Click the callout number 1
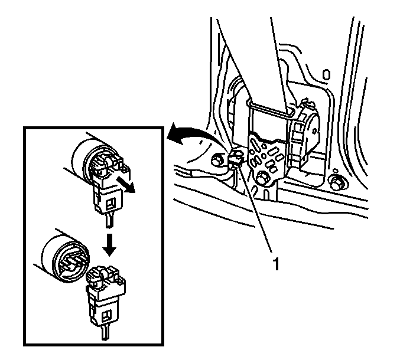click(276, 263)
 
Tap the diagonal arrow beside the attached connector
click(125, 185)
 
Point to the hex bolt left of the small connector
click(217, 161)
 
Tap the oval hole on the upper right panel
click(326, 74)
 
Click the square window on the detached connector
click(105, 316)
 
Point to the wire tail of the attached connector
click(110, 219)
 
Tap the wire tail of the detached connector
click(105, 333)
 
